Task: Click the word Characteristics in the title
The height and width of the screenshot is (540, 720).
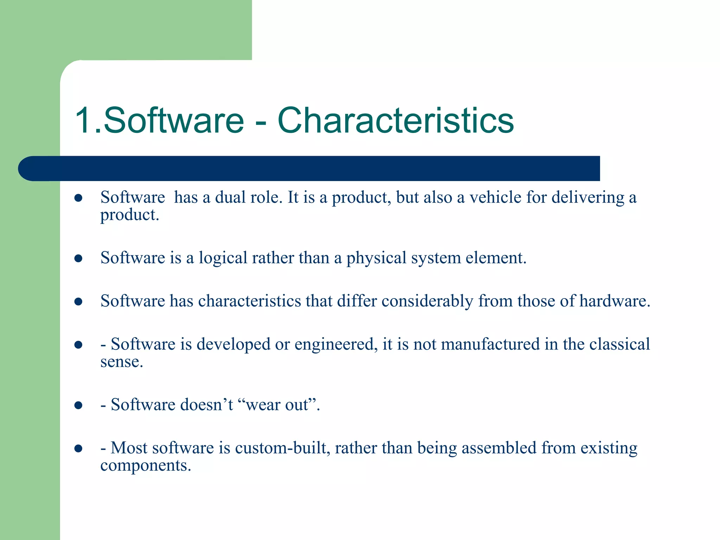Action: pos(396,121)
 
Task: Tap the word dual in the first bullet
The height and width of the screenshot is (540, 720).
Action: pos(230,197)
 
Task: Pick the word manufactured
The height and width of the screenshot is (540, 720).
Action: pos(490,344)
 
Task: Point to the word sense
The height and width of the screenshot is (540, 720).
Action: pos(121,362)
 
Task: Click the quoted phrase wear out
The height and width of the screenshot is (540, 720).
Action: pos(279,405)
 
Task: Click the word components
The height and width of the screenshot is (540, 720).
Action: pos(145,466)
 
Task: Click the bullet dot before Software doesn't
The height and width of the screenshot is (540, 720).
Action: pos(78,405)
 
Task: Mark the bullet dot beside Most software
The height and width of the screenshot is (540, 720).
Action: pos(78,448)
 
